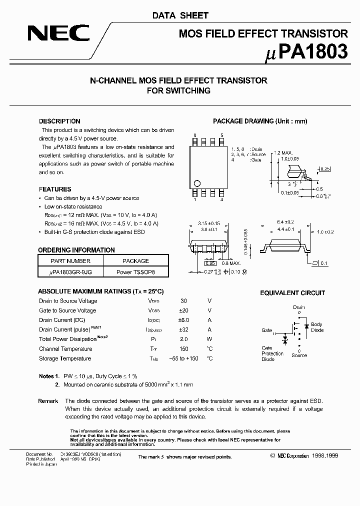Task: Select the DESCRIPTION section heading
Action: point(59,121)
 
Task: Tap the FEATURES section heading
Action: point(55,189)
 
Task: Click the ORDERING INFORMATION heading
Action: point(76,250)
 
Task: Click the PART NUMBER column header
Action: point(70,261)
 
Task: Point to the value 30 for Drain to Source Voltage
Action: point(183,301)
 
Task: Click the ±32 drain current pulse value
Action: point(183,329)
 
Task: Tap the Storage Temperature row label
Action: point(65,358)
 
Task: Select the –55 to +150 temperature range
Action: point(183,358)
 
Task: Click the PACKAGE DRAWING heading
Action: point(260,121)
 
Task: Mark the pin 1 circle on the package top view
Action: point(197,183)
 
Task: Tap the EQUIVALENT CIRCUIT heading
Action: point(292,293)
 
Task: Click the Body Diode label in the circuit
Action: point(317,327)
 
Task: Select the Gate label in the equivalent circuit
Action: point(266,330)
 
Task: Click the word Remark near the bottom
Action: point(48,401)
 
